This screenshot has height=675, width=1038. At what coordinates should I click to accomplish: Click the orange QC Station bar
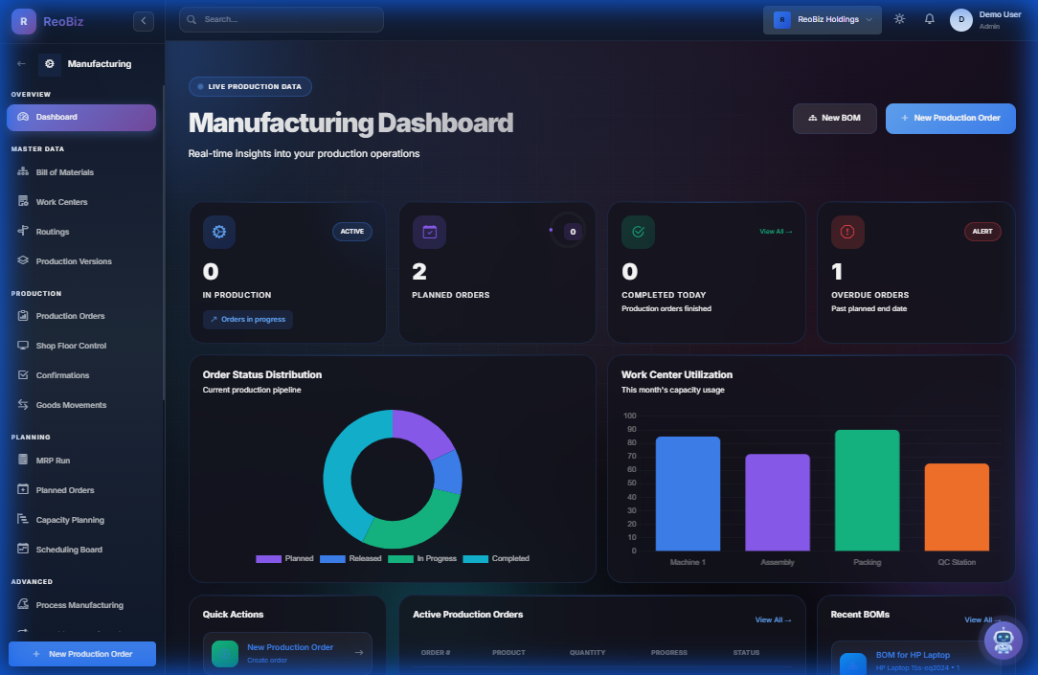point(956,506)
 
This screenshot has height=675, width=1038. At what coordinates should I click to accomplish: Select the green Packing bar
point(867,489)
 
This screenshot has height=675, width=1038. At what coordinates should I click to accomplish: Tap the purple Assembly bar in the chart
point(778,502)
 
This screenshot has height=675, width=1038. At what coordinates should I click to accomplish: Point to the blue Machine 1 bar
point(688,493)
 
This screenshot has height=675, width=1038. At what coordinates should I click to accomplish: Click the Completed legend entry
point(496,558)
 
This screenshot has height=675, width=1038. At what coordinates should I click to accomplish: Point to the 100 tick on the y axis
point(629,416)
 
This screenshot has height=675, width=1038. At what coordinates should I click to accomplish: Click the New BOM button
point(834,118)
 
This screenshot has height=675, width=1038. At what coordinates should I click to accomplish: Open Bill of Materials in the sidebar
point(64,172)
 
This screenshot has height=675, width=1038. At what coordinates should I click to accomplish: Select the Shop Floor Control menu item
point(71,346)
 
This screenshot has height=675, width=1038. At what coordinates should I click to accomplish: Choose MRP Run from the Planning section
point(53,461)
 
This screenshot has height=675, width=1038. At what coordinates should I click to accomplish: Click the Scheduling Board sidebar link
point(69,550)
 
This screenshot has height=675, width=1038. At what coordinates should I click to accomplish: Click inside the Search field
point(282,19)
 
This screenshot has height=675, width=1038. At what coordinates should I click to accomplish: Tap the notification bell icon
point(929,19)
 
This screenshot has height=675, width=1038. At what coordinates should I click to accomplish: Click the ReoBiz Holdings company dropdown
point(822,19)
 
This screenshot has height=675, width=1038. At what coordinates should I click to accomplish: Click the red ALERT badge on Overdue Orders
point(982,232)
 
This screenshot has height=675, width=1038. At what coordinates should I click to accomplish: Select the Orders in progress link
point(248,319)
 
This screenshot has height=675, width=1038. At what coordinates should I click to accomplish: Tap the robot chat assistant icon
point(1003,640)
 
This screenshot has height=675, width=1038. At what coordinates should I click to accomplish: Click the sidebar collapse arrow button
point(144,20)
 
